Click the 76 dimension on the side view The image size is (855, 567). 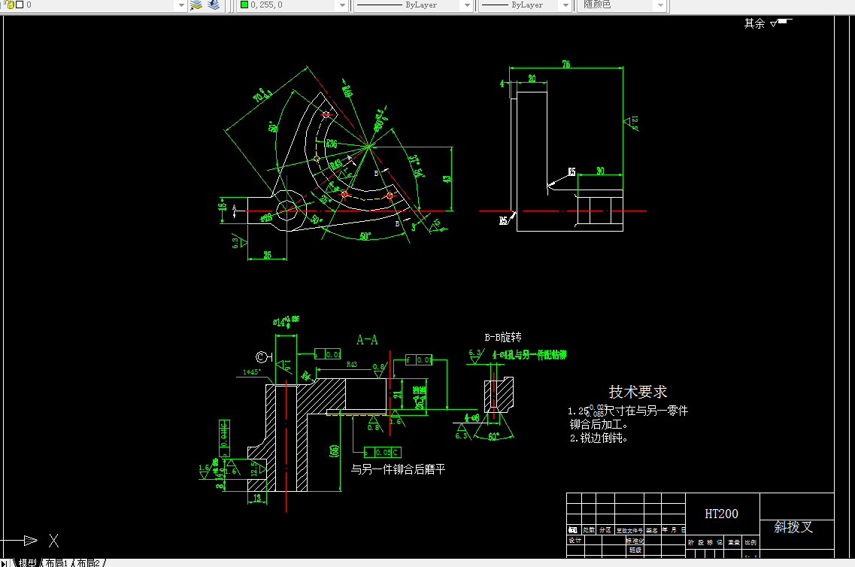coord(565,65)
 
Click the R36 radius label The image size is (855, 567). coord(331,143)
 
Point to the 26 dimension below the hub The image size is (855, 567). coord(267,255)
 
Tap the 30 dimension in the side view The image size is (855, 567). coord(599,171)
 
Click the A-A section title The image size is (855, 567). coord(367,340)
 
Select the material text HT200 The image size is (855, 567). coord(721,514)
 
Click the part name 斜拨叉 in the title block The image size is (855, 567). coord(793,527)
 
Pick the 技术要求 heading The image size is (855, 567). coord(638,392)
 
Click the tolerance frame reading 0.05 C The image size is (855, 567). coord(383,452)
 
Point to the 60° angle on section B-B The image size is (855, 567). coord(494,436)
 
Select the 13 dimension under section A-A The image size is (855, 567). coord(256,498)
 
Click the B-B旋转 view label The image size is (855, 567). coord(503,337)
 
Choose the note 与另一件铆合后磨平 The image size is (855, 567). coord(398,469)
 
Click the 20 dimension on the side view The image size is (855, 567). coord(532,78)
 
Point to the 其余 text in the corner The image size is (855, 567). coord(754,23)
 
